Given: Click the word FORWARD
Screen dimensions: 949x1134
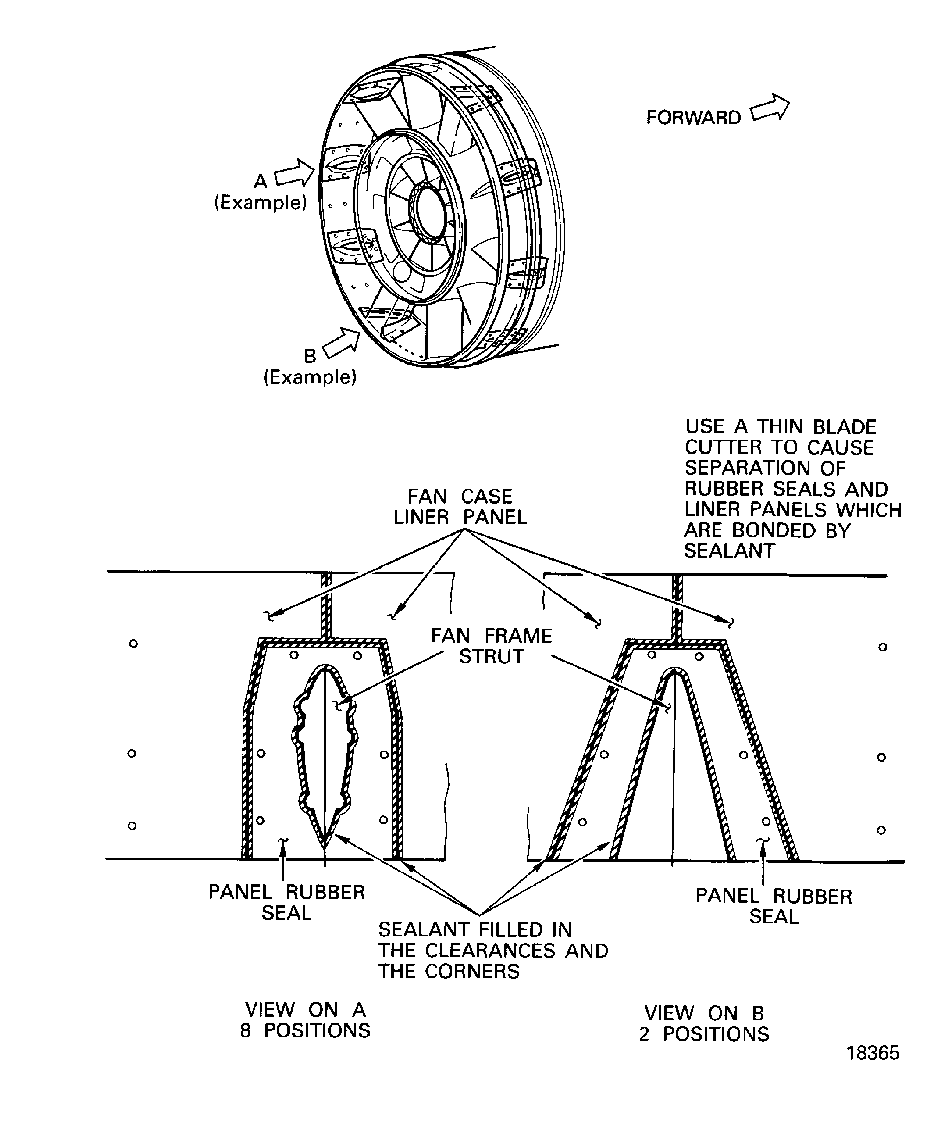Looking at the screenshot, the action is point(693,118).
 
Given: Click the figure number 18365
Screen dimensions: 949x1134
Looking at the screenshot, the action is point(873,1053).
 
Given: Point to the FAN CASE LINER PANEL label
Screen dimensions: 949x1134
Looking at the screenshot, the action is point(460,506).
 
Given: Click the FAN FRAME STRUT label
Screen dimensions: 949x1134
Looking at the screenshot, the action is point(492,646).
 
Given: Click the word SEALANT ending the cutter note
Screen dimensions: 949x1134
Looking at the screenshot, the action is point(729,551).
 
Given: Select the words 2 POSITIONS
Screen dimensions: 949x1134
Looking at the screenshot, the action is point(704,1034).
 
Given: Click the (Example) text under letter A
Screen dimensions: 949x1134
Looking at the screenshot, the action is point(260,203).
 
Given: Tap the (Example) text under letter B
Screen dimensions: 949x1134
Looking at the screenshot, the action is point(310,377).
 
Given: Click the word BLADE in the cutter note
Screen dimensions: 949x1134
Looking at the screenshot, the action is point(845,427).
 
